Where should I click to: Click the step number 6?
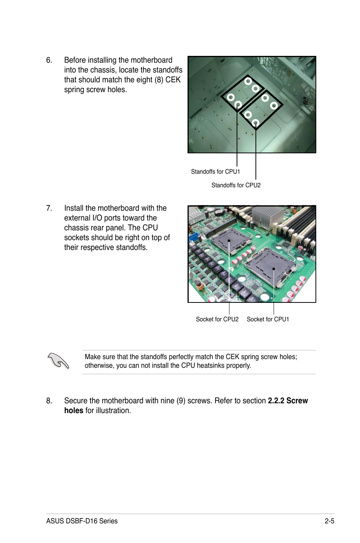coord(49,60)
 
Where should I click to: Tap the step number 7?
coord(49,208)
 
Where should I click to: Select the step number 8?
coord(49,401)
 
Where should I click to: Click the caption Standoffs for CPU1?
coord(215,172)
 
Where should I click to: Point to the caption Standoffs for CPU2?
coord(236,185)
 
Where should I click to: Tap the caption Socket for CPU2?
coord(217,319)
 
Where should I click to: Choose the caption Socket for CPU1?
coord(268,319)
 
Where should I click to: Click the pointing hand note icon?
coord(58,360)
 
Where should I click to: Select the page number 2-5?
coord(329,521)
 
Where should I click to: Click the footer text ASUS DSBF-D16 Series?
coord(82,521)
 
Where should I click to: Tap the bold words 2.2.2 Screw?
coord(288,401)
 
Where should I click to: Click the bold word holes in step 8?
coord(74,411)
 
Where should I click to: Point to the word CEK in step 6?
coord(173,80)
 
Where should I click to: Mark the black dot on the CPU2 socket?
coord(229,241)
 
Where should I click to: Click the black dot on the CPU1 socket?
coord(274,269)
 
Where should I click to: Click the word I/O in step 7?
coord(98,218)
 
